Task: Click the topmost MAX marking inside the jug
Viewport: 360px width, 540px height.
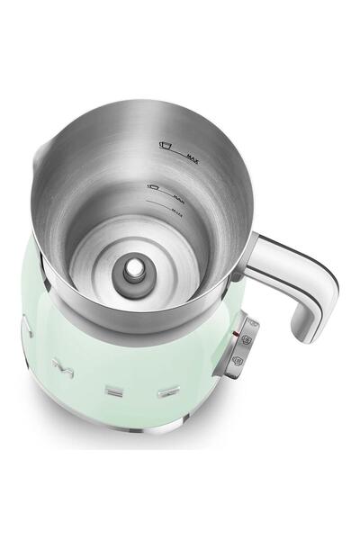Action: coord(192,158)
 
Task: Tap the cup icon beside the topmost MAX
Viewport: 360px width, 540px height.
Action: coord(165,143)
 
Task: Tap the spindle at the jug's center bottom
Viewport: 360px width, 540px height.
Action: coord(132,268)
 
